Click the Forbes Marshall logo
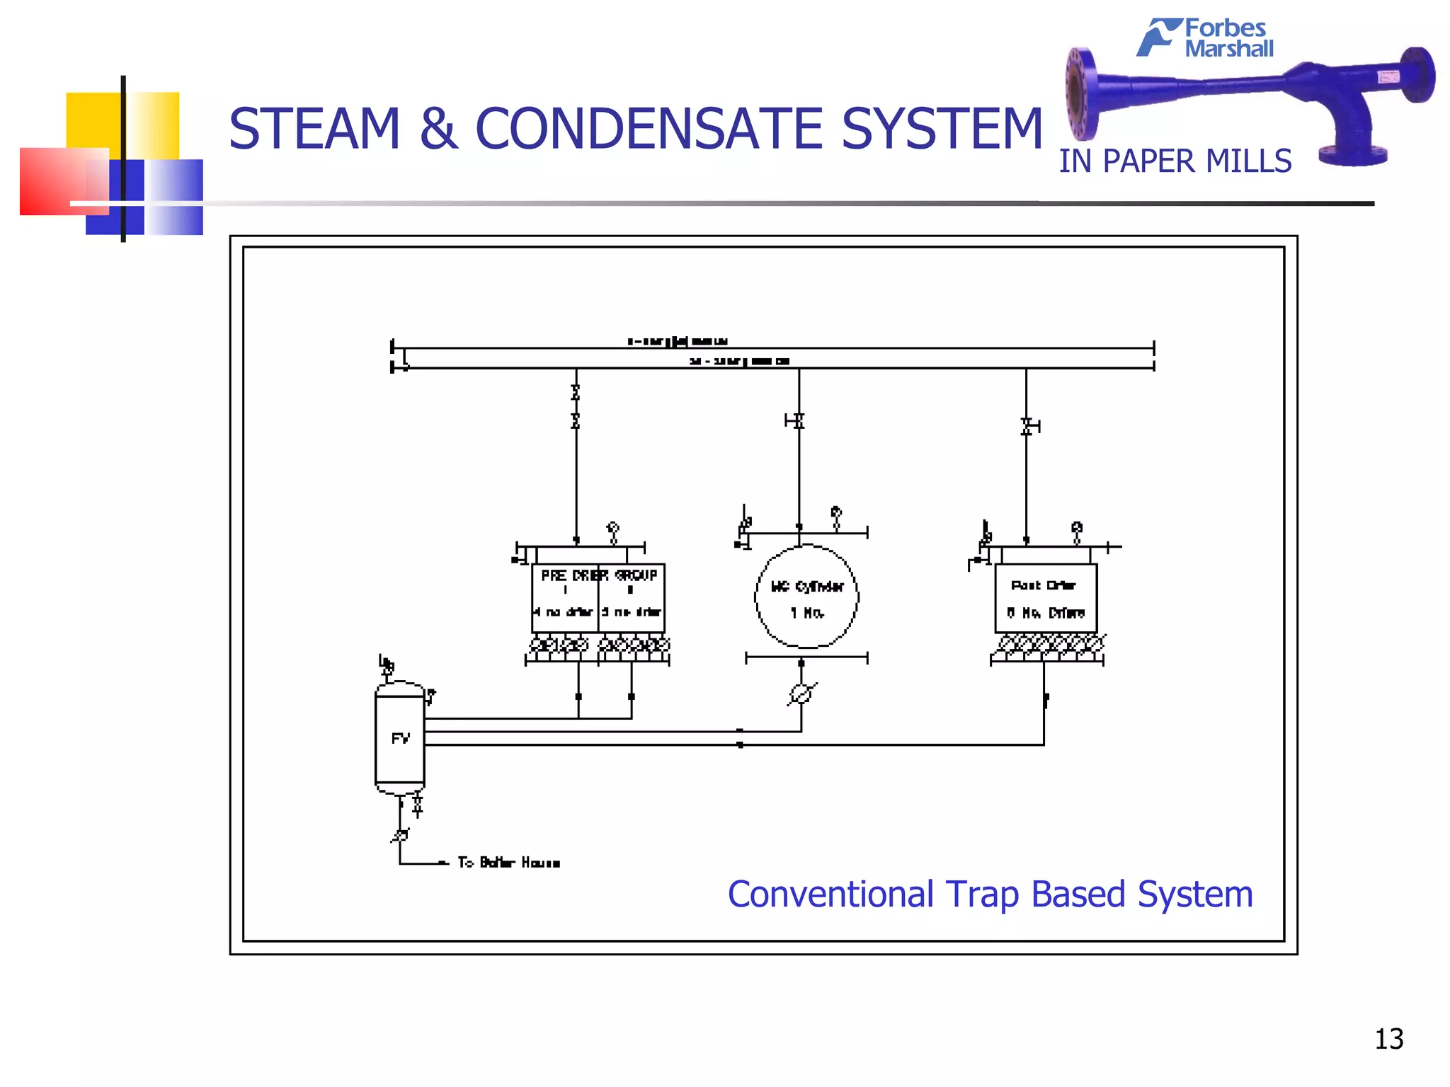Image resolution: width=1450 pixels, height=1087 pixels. pos(1206,38)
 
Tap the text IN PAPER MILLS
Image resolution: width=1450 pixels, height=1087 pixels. pos(1175,161)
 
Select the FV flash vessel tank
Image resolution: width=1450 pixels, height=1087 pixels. pos(400,739)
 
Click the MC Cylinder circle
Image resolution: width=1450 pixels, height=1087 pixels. pos(806,597)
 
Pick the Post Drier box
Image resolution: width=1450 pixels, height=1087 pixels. pos(1046,598)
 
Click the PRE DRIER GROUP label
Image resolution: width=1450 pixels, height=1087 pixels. pos(599,575)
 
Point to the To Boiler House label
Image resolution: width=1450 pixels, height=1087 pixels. pos(508,863)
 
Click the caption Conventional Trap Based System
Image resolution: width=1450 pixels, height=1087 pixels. pos(990,895)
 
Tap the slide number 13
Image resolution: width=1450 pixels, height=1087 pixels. pos(1388,1039)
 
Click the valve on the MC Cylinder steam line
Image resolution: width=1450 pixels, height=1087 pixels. pos(798,421)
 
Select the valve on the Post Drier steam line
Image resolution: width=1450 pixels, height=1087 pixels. pos(1027,426)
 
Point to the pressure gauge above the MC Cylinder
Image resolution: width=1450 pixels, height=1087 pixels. pos(836,514)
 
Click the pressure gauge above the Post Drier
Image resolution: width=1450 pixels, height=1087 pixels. pos(1077,529)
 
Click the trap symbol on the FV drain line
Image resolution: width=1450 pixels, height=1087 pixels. pos(401,836)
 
